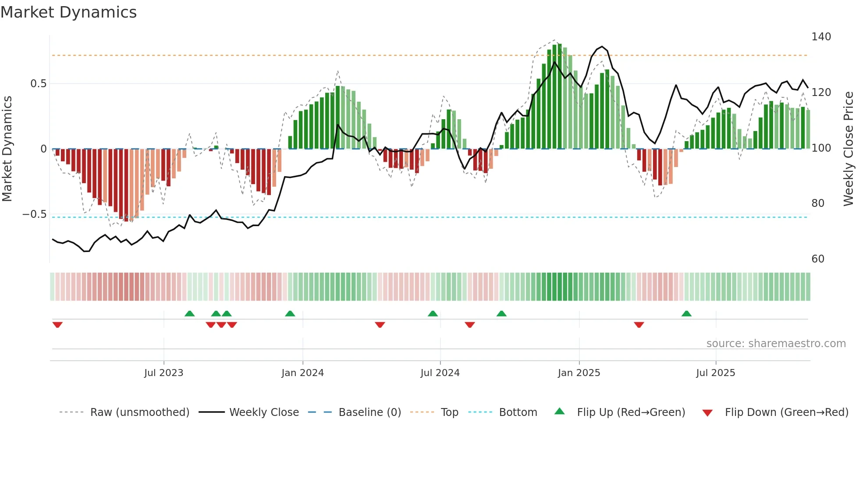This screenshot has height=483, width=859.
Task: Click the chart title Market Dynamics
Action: coord(68,12)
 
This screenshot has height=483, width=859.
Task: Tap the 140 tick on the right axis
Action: coord(821,37)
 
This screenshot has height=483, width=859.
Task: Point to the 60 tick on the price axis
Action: coord(818,259)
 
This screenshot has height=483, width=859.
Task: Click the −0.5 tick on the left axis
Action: coord(35,214)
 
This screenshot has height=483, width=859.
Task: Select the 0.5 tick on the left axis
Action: coord(38,84)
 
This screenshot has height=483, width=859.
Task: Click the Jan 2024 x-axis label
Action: coord(302,373)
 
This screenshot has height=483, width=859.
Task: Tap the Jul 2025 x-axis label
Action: coord(715,373)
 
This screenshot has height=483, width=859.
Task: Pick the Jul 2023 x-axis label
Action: coord(163,373)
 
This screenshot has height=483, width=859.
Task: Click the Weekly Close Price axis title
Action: coord(848,149)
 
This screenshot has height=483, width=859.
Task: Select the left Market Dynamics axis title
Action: coord(7,149)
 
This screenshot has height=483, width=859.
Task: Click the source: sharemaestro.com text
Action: coord(776,344)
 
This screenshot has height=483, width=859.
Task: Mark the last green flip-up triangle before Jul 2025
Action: coord(686,314)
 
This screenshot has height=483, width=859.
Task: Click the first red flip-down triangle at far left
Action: coord(57,325)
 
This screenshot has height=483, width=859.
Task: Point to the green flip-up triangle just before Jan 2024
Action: coord(290,314)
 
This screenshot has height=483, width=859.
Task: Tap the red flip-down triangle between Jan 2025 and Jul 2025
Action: coord(639,325)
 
